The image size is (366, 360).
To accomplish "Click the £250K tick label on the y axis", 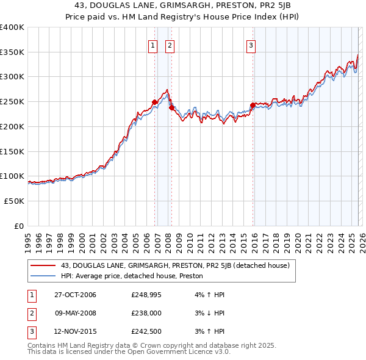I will (x=12, y=102).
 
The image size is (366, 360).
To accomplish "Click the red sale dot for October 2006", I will (x=154, y=102).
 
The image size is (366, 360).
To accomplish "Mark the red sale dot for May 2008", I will (x=171, y=107).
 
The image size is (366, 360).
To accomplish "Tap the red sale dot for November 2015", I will (x=253, y=105).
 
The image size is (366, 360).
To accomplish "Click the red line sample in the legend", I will (x=44, y=265).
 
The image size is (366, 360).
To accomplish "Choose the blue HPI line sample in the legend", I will (x=44, y=276).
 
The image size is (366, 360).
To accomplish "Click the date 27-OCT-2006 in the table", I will (x=75, y=295).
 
